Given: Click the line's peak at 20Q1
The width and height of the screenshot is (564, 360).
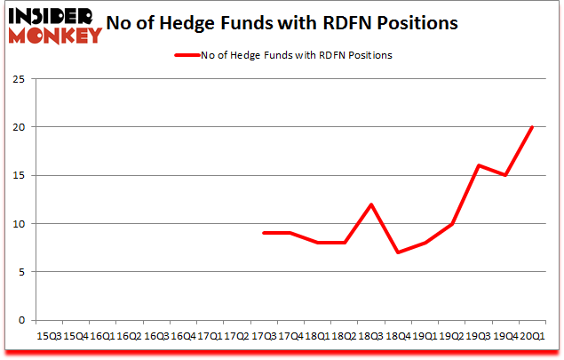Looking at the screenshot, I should click(x=532, y=126).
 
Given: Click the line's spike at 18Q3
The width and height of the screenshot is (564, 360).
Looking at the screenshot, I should click(x=371, y=204).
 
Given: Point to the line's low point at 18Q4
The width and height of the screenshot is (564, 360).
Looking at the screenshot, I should click(x=399, y=252).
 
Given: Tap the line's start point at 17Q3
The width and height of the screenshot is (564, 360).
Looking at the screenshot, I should click(x=264, y=233).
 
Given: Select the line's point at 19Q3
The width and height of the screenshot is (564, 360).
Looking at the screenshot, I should click(x=479, y=165).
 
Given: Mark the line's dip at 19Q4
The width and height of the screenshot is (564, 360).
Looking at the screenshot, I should click(x=505, y=175).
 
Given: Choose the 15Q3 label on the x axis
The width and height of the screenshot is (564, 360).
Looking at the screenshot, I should click(x=49, y=336).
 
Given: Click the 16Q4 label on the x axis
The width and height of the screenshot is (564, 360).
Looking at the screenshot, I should click(x=183, y=336).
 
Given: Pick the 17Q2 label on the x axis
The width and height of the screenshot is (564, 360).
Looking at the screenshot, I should click(x=237, y=336).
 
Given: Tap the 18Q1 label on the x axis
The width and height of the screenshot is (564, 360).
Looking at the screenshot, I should click(x=317, y=336).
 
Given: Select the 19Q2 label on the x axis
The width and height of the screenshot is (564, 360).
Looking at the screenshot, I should click(x=452, y=336).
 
